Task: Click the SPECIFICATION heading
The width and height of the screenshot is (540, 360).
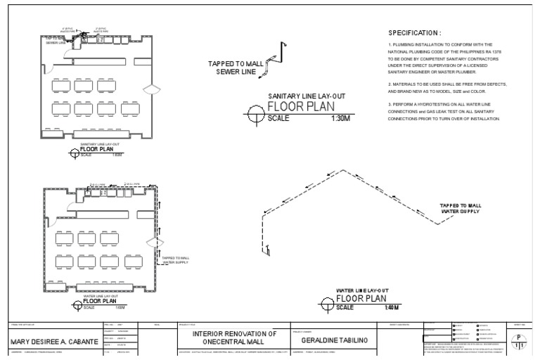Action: click(415, 33)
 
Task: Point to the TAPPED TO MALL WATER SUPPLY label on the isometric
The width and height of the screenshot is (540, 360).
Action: click(459, 208)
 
